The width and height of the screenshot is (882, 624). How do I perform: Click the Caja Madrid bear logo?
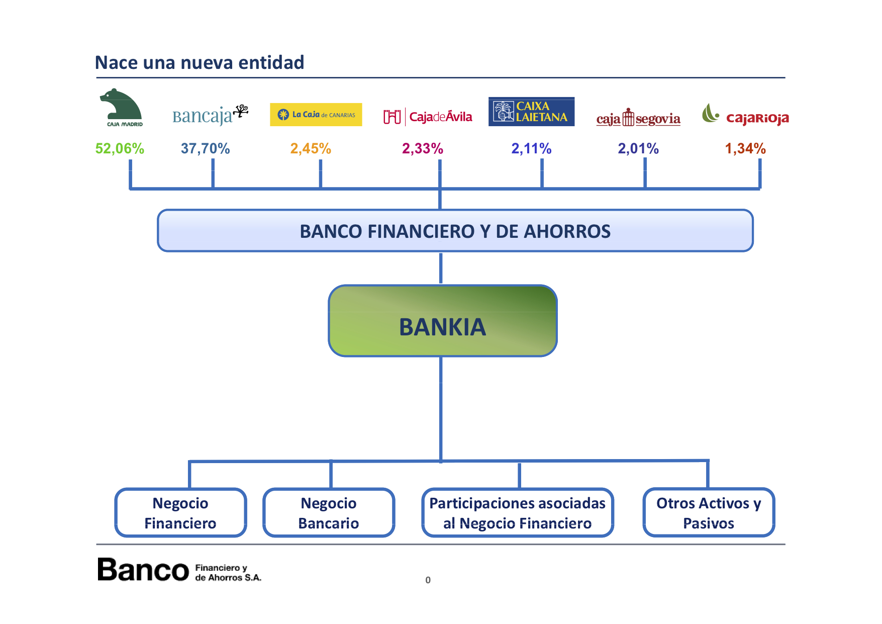[x=121, y=108]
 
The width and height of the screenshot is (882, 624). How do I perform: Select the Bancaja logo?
[x=211, y=115]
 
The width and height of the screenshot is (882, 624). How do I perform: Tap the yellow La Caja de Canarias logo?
[x=316, y=115]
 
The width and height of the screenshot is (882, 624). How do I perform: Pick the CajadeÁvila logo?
[x=428, y=117]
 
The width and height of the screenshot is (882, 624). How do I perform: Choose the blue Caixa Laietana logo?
[x=531, y=112]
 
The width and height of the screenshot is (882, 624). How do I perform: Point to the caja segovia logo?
[x=638, y=118]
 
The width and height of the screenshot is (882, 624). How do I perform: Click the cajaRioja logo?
[x=745, y=115]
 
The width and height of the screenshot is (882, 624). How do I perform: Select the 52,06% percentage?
[x=120, y=148]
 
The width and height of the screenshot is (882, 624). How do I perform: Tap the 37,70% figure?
[x=205, y=148]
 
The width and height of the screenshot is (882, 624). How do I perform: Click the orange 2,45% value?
[x=311, y=148]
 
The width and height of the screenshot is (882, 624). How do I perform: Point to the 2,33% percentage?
[x=423, y=148]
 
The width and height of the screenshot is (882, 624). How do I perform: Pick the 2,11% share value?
[x=531, y=148]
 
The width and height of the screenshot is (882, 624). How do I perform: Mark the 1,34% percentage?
[x=745, y=148]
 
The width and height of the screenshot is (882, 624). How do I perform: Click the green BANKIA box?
[x=443, y=321]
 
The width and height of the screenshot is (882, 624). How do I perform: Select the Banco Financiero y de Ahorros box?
[x=455, y=231]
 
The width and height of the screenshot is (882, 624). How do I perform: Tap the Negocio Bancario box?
[x=329, y=512]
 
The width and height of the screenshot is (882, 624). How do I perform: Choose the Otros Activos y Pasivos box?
[x=709, y=512]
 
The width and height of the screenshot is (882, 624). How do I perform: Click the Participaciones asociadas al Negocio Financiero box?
[x=518, y=512]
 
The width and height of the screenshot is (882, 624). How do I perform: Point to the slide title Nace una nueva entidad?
[x=200, y=62]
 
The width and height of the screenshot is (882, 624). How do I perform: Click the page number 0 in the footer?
[x=428, y=580]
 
